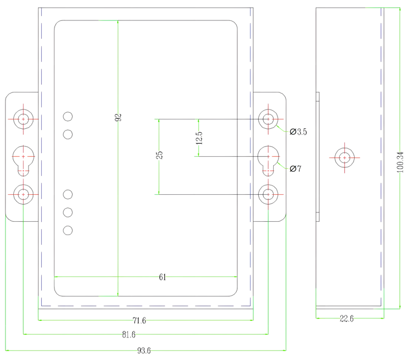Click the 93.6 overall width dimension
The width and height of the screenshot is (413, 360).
144,351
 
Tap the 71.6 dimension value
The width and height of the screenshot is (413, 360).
139,320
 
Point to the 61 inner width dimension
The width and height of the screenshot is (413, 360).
162,277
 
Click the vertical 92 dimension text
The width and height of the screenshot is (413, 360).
118,117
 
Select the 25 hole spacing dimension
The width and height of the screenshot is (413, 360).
159,155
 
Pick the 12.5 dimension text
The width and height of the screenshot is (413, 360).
199,138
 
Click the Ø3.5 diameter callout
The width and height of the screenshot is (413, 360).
298,132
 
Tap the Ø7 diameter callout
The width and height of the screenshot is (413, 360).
295,168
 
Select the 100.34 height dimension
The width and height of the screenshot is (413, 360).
400,163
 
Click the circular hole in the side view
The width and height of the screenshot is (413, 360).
344,157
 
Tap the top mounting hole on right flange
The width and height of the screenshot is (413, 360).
268,118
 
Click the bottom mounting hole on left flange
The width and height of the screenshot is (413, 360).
23,194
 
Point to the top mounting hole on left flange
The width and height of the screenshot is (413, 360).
23,118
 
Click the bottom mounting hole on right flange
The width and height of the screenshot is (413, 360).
268,194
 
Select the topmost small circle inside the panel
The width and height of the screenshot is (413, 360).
68,116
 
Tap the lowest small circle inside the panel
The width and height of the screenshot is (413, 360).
68,230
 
